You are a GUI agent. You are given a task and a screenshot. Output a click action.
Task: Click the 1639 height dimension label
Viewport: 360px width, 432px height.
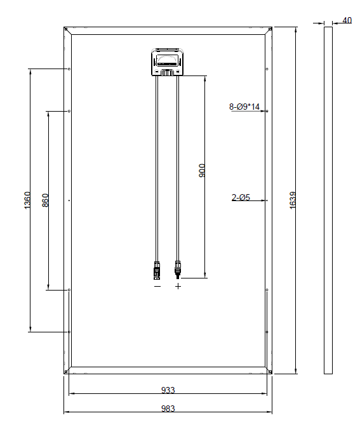(x=293, y=200)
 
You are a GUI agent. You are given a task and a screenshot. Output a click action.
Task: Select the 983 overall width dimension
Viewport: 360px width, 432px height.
(x=168, y=409)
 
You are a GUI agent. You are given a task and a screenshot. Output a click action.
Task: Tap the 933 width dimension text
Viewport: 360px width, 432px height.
(x=168, y=390)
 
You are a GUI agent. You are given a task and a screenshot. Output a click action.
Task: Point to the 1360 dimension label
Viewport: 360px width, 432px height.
(x=27, y=200)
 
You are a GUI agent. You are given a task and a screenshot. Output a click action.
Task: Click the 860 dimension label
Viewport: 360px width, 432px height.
(x=45, y=200)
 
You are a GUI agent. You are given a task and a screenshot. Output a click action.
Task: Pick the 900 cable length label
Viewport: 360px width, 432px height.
(x=202, y=171)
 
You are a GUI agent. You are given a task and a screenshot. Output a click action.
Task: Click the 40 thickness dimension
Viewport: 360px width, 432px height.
(x=347, y=20)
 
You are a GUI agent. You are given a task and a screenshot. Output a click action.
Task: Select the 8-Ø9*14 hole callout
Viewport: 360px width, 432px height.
(x=244, y=107)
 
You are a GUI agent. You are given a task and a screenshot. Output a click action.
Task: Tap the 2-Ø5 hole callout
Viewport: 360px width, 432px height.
(x=241, y=197)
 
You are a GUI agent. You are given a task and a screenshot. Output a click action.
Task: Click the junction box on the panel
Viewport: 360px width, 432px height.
(x=168, y=62)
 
